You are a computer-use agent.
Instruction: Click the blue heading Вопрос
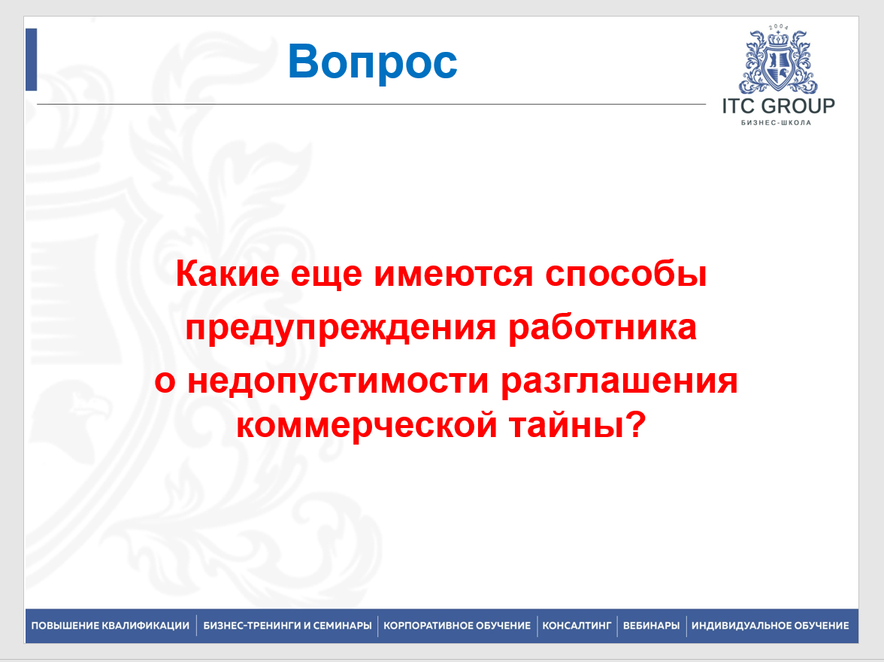(372, 63)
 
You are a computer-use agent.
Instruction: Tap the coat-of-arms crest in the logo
(779, 60)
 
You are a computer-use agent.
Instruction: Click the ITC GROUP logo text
(779, 106)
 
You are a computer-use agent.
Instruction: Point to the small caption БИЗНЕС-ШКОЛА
(776, 123)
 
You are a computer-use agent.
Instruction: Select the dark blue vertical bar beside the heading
(31, 59)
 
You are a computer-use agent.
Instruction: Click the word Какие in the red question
(228, 274)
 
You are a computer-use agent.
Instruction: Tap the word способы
(625, 275)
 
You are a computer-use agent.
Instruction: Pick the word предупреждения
(341, 328)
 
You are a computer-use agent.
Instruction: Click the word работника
(603, 326)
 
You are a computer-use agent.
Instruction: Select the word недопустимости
(338, 381)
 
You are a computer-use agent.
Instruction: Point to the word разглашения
(619, 381)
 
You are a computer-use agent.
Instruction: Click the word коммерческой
(367, 425)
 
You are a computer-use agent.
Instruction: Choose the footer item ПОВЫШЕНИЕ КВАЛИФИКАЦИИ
(110, 626)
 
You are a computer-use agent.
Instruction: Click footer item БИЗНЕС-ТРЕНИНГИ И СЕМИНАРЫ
(287, 626)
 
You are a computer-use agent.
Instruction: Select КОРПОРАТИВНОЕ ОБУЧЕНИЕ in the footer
(457, 626)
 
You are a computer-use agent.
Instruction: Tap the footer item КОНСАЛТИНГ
(577, 626)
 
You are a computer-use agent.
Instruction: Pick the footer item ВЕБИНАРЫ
(651, 626)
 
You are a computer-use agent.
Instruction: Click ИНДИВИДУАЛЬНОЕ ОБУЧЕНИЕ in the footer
(770, 626)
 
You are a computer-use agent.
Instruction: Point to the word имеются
(453, 275)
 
